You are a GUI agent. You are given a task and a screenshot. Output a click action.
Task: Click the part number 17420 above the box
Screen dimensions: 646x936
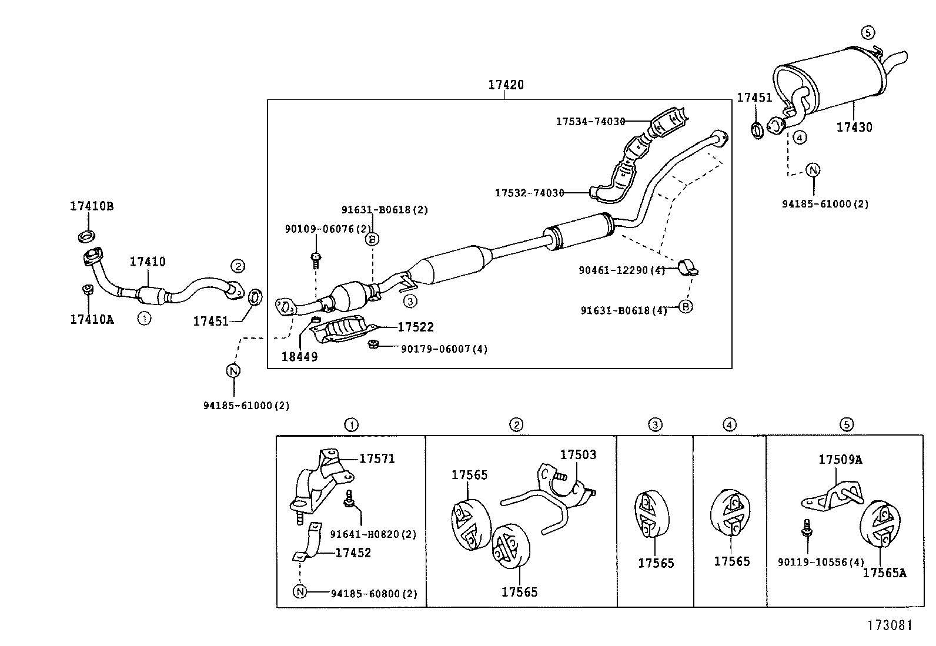(x=505, y=85)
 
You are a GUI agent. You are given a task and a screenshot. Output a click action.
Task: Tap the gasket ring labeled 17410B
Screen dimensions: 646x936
(x=87, y=237)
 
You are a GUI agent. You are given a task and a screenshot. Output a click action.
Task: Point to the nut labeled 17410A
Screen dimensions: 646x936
(x=87, y=290)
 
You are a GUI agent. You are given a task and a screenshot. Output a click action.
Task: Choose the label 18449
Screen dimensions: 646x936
(x=299, y=357)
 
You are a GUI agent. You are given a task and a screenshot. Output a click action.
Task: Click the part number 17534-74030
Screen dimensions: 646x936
(x=590, y=122)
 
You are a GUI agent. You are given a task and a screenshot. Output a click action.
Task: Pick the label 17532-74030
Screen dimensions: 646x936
(x=529, y=193)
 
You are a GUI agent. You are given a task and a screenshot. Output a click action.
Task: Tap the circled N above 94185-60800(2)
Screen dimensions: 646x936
(x=300, y=591)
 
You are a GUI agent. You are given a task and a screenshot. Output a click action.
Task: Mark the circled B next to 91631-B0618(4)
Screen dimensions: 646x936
(x=686, y=306)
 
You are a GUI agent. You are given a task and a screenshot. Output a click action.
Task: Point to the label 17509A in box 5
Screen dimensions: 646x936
(x=840, y=460)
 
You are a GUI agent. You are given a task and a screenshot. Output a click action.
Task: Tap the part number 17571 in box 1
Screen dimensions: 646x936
(x=377, y=458)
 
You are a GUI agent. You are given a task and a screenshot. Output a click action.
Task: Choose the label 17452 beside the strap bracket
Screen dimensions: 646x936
(x=353, y=553)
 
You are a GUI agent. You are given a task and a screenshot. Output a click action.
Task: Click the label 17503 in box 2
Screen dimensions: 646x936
(x=577, y=455)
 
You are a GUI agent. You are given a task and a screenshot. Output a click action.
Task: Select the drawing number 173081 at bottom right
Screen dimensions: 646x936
(x=890, y=625)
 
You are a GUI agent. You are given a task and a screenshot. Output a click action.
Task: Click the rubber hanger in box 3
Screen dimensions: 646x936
(x=652, y=514)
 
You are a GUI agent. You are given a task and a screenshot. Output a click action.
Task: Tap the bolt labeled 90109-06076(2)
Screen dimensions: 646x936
(x=316, y=259)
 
